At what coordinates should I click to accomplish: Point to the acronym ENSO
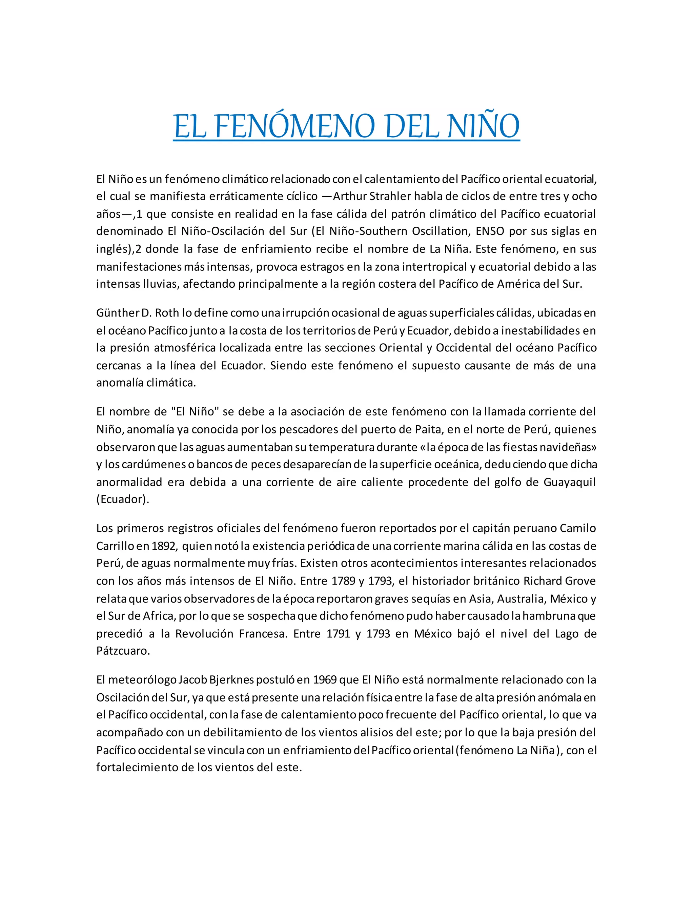[x=490, y=231]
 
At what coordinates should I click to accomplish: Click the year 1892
[x=164, y=546]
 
